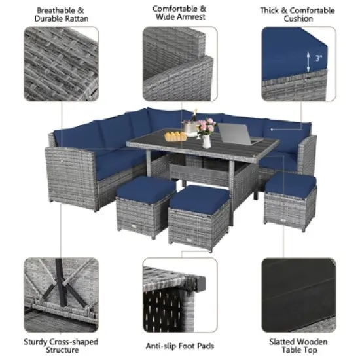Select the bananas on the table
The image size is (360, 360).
pyautogui.click(x=175, y=135)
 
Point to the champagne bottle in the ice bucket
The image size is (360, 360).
pyautogui.click(x=193, y=122)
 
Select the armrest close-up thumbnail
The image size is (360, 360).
pyautogui.click(x=179, y=64)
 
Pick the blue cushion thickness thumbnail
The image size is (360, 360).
pyautogui.click(x=297, y=64)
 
